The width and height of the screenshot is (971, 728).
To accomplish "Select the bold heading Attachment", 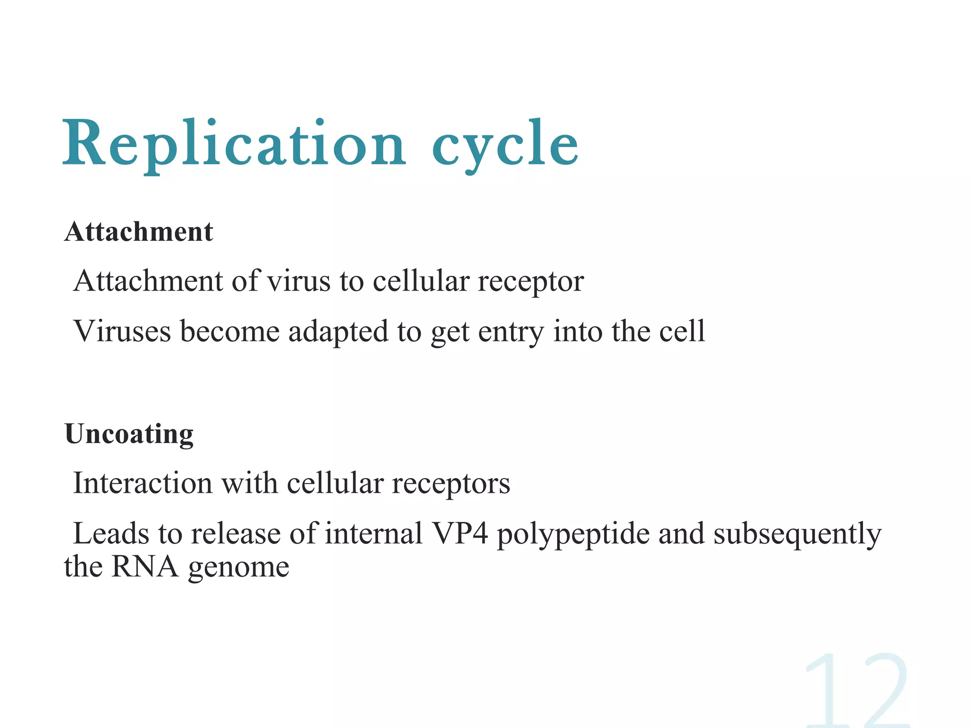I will pyautogui.click(x=138, y=232).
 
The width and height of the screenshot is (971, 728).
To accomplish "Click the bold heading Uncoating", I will pyautogui.click(x=129, y=434).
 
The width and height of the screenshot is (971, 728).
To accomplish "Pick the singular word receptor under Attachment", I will pyautogui.click(x=531, y=282).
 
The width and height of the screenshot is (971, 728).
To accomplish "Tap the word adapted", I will pyautogui.click(x=338, y=332).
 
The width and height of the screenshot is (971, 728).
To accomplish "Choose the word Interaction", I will pyautogui.click(x=142, y=483).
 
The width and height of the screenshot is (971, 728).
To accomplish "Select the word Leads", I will pyautogui.click(x=111, y=534).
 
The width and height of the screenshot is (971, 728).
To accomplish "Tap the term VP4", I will pyautogui.click(x=459, y=534).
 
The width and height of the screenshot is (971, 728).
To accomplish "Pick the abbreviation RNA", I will pyautogui.click(x=145, y=566).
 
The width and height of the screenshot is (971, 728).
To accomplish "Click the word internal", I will pyautogui.click(x=373, y=534).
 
